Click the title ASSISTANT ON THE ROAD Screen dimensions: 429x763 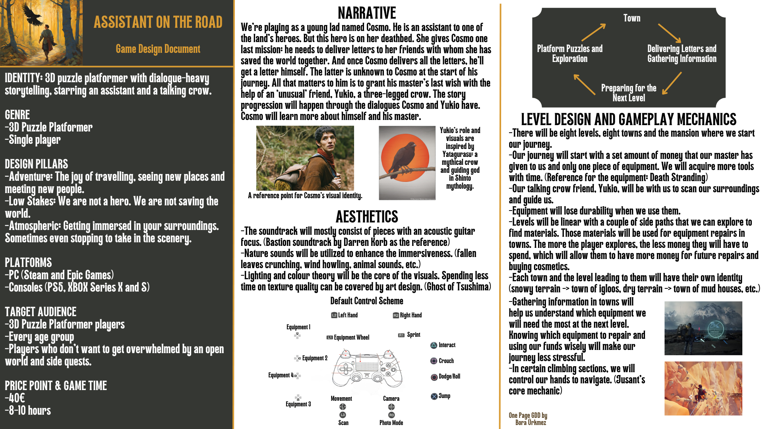(158, 22)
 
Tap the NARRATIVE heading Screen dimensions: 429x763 (366, 13)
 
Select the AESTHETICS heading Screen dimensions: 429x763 (366, 217)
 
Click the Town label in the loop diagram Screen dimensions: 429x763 (631, 18)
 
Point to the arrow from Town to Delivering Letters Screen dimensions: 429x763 (669, 33)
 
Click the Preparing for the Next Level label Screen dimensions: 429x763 (628, 93)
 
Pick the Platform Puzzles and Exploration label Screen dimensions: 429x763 (569, 54)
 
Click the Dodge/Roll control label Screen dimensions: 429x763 (449, 377)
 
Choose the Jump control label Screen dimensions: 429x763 (444, 396)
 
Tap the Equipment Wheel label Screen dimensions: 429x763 (351, 338)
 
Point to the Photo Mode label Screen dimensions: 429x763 (391, 423)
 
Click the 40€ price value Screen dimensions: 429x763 (16, 398)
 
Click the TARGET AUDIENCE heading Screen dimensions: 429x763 (41, 312)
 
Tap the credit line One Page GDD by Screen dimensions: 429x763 (528, 415)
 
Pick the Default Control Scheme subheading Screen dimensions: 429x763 (366, 301)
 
